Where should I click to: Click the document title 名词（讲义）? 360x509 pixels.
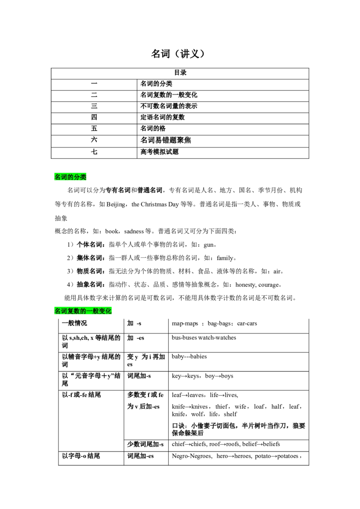[178, 54]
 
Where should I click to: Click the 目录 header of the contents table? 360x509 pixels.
[180, 73]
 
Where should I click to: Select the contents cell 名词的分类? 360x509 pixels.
[156, 84]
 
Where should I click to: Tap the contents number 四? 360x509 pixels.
[94, 117]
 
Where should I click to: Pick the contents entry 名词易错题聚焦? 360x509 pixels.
[166, 140]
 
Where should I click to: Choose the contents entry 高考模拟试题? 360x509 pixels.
[159, 152]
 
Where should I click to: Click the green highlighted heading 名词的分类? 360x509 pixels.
[70, 177]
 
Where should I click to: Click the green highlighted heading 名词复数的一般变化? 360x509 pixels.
[83, 311]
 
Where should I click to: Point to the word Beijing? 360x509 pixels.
[116, 205]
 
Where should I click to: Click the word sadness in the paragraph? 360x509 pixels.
[134, 232]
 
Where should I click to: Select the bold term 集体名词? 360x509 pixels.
[90, 258]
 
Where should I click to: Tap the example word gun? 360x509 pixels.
[209, 245]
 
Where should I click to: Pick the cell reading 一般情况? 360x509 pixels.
[74, 323]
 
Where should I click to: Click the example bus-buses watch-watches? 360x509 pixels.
[204, 338]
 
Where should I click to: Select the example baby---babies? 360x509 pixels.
[189, 357]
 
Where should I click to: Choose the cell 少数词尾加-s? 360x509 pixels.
[145, 444]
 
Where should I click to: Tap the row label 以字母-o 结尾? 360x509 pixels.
[81, 456]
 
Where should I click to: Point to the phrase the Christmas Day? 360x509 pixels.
[155, 205]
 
